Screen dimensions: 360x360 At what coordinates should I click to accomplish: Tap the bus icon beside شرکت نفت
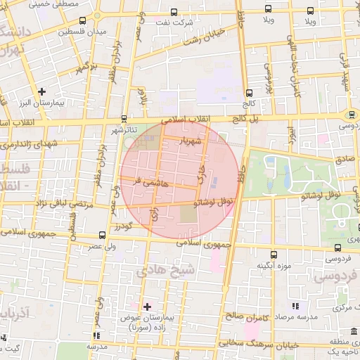click(174, 12)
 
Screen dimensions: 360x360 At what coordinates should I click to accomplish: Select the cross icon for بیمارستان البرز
click(42, 91)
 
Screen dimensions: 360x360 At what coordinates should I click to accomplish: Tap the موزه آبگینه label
click(274, 265)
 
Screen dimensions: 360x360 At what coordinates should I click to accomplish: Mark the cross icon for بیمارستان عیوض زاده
click(147, 306)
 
